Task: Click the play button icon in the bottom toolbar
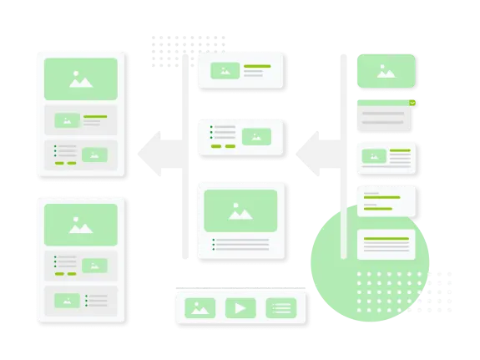(x=240, y=307)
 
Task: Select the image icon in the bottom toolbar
(x=200, y=307)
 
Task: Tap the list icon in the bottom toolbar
(x=281, y=307)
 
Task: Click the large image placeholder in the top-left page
(x=80, y=79)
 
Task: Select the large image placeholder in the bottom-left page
(x=80, y=225)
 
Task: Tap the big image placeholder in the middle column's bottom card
(x=240, y=210)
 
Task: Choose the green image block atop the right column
(x=386, y=70)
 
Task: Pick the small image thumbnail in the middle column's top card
(x=225, y=71)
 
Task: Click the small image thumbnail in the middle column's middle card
(x=256, y=136)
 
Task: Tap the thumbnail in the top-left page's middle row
(x=67, y=120)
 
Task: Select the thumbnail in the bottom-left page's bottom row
(x=67, y=299)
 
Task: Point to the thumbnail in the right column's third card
(x=373, y=155)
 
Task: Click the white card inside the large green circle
(x=386, y=246)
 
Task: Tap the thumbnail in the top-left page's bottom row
(x=96, y=154)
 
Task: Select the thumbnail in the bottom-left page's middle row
(x=96, y=266)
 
